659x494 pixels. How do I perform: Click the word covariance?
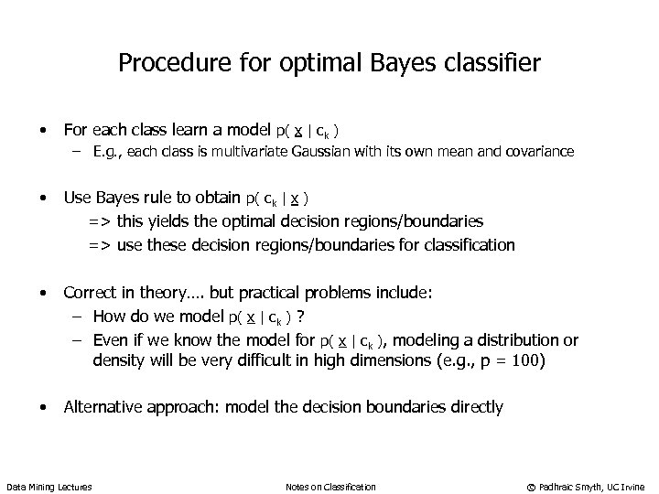[x=539, y=152]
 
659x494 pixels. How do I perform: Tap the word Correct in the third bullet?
[x=91, y=293]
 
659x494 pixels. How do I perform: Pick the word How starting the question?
[x=109, y=317]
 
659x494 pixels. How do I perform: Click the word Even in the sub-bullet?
[x=111, y=340]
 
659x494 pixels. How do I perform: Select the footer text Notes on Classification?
[x=330, y=486]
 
